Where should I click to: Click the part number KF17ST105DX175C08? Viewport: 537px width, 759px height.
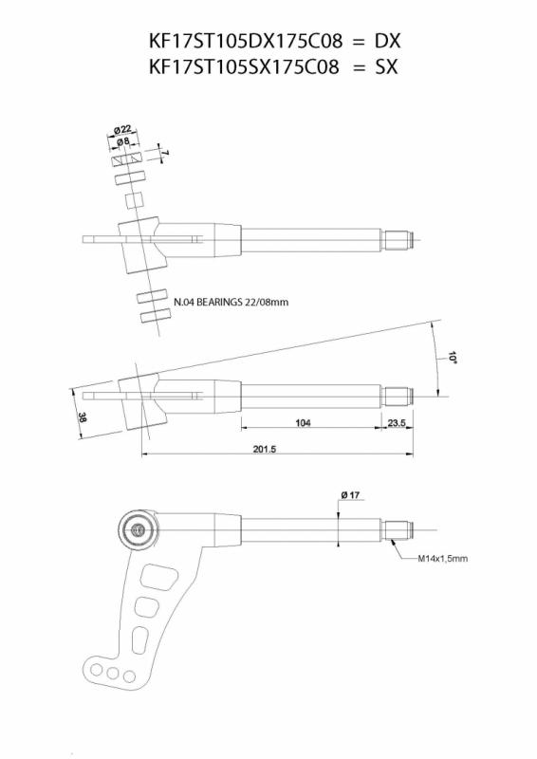click(x=246, y=42)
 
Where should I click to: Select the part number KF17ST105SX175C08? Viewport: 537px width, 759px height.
click(x=244, y=66)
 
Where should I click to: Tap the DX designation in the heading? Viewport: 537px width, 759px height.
click(x=387, y=42)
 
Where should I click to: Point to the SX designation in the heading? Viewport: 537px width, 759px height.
click(x=386, y=66)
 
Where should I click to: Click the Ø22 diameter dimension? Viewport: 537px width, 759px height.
click(x=122, y=129)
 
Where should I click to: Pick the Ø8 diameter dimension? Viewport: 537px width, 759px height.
click(x=123, y=141)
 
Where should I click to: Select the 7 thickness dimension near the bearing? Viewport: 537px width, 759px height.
click(x=165, y=153)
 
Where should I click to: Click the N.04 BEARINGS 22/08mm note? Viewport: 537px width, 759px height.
click(x=231, y=302)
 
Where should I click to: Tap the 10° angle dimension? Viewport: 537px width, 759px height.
click(x=453, y=358)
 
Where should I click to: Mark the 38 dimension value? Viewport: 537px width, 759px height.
click(x=83, y=417)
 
